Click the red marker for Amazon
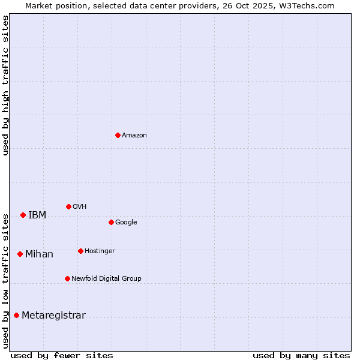pos(118,135)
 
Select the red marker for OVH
pos(68,206)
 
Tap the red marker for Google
pos(111,222)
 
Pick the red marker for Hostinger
pos(80,251)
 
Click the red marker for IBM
pos(23,215)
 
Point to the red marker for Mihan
pos(20,254)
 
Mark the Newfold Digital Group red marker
pos(67,278)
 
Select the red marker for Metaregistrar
pos(16,315)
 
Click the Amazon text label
pos(134,135)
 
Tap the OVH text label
pos(80,206)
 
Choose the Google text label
pos(126,222)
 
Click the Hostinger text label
pos(100,251)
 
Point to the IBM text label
pos(37,215)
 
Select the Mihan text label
pos(39,254)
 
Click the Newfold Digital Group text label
pos(106,278)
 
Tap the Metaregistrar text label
pos(53,315)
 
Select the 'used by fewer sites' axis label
pos(62,355)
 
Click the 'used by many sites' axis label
pos(301,355)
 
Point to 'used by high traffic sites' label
pos(5,85)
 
